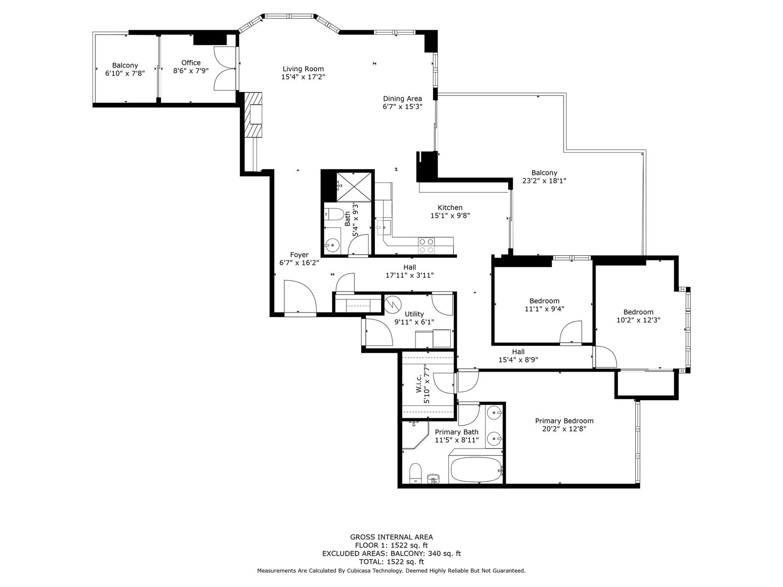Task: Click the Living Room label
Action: point(303,69)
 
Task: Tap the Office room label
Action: point(191,63)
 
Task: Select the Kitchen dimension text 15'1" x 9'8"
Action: point(450,215)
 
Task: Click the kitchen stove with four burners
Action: point(427,245)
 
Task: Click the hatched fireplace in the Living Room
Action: point(253,115)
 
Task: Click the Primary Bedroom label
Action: point(564,421)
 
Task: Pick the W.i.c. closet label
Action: point(419,384)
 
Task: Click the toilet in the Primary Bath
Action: point(415,473)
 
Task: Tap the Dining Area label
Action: point(402,98)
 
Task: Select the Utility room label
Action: point(414,314)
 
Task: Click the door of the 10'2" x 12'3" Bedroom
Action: point(605,357)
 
